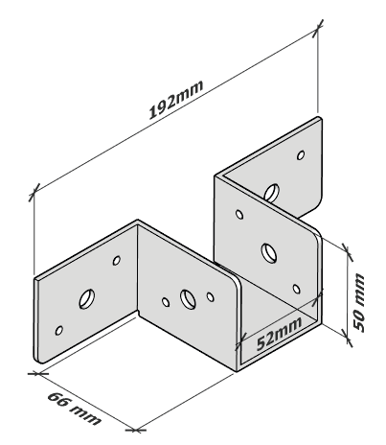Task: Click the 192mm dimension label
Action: (176, 100)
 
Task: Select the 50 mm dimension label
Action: (359, 302)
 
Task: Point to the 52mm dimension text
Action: (279, 334)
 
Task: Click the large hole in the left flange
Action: (87, 299)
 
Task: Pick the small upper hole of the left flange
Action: (117, 261)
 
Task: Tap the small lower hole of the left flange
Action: (58, 330)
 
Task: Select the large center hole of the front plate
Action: (188, 299)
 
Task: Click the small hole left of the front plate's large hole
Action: (166, 302)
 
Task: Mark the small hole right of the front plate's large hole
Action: (211, 297)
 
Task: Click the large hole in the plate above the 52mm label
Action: (269, 253)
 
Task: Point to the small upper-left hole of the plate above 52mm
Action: (239, 214)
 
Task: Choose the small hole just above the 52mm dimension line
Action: (297, 289)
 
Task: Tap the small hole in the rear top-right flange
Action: (301, 155)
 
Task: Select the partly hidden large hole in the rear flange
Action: (272, 193)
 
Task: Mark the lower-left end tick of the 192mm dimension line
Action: (34, 193)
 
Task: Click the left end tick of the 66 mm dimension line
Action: (38, 373)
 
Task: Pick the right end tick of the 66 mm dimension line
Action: (136, 431)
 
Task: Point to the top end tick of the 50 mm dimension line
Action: (347, 252)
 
